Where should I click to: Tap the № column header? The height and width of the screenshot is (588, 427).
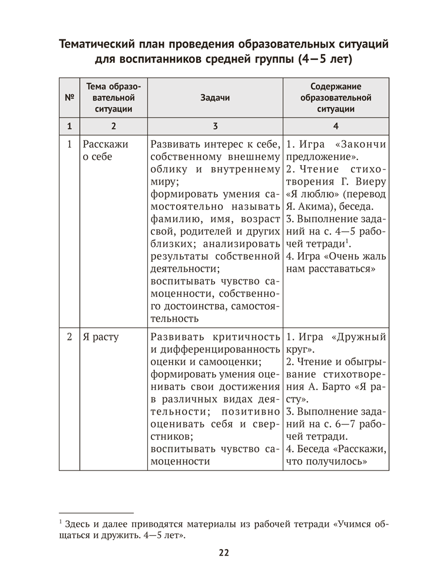(x=70, y=98)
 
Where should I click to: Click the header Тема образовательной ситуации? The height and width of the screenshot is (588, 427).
(x=113, y=98)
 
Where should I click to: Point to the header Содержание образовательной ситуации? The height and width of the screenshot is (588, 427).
(x=336, y=98)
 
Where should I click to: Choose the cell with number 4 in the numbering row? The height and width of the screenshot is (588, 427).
(x=336, y=126)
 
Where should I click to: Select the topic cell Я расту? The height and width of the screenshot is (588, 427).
(x=101, y=338)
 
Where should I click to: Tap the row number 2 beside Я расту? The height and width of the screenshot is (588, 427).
(x=69, y=338)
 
